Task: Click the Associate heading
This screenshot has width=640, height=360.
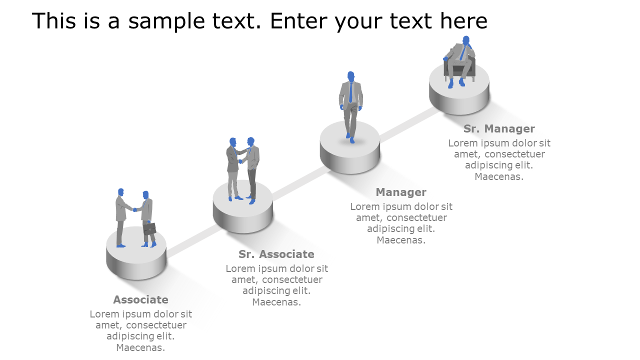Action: (x=140, y=299)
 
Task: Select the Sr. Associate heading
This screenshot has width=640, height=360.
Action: (x=276, y=254)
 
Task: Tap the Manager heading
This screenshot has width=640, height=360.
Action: (x=401, y=192)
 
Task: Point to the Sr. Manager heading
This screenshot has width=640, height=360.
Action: (x=499, y=128)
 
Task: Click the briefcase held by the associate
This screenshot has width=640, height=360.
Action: (x=149, y=228)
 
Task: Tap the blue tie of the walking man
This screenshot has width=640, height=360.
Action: (x=350, y=92)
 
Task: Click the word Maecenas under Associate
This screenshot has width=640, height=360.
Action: (x=140, y=347)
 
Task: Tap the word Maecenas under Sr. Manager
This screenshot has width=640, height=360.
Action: (x=499, y=176)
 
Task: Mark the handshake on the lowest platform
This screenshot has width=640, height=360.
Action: (x=134, y=209)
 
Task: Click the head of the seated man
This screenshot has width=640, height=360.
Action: (x=466, y=40)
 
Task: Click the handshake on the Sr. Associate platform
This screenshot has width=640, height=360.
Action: (x=240, y=161)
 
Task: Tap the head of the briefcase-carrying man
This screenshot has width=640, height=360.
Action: (x=145, y=194)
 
